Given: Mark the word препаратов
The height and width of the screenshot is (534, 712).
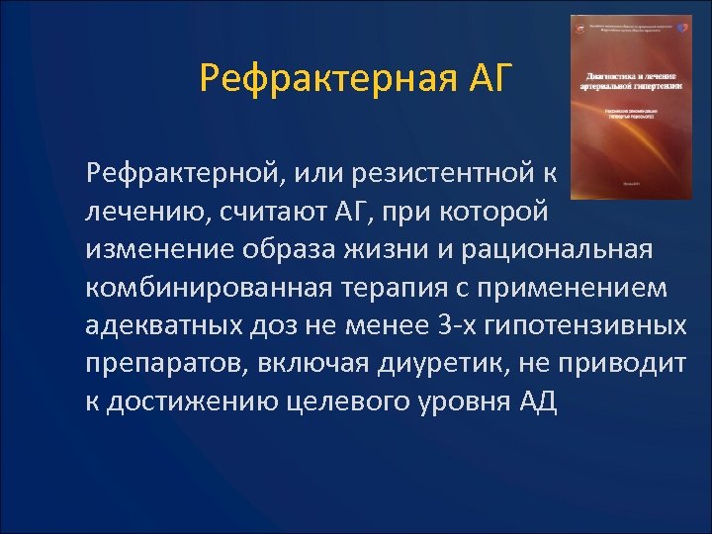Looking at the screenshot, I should click(167, 364).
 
